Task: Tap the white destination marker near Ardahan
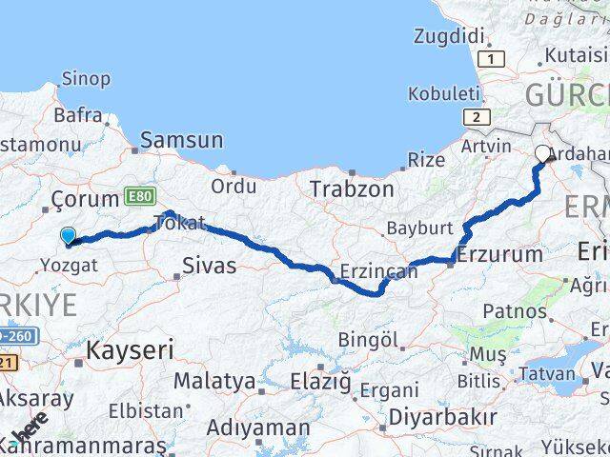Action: pyautogui.click(x=543, y=153)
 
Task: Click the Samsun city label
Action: pyautogui.click(x=181, y=141)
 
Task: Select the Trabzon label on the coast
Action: pyautogui.click(x=351, y=189)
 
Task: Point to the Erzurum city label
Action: pyautogui.click(x=499, y=254)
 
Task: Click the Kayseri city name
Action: pyautogui.click(x=130, y=349)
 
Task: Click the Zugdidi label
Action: pyautogui.click(x=450, y=36)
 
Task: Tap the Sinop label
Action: pyautogui.click(x=85, y=79)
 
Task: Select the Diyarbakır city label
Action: pyautogui.click(x=443, y=418)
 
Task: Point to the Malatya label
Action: pyautogui.click(x=214, y=382)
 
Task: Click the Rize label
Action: pyautogui.click(x=425, y=159)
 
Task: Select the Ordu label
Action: pyautogui.click(x=233, y=186)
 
